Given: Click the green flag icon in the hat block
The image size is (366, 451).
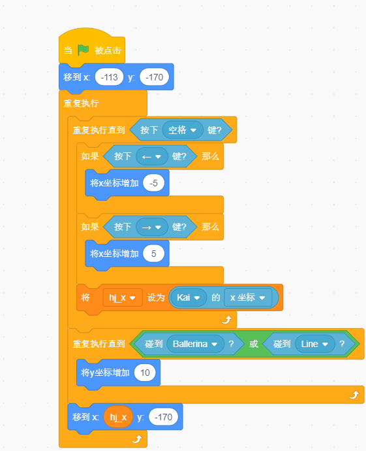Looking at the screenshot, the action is tap(84, 50).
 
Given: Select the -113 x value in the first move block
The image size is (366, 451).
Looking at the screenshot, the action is tap(109, 77).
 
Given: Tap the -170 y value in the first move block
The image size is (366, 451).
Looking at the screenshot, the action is tap(154, 77).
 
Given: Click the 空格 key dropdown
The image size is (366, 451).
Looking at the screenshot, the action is tap(183, 130).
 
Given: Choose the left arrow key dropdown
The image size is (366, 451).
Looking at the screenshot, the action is tap(152, 156).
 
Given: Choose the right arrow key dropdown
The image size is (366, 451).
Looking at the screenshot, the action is tap(152, 227).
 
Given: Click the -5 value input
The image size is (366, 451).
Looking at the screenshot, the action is tap(153, 183).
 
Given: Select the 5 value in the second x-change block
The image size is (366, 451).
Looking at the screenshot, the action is tap(153, 254).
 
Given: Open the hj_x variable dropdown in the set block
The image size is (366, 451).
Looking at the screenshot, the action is tap(123, 297).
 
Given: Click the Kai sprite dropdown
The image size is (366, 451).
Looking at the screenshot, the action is tap(189, 297).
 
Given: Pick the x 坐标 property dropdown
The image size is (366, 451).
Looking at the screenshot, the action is tap(248, 297).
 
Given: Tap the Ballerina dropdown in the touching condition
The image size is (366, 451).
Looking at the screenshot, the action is tap(195, 344).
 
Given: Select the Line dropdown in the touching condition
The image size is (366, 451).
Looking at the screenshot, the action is tap(314, 344).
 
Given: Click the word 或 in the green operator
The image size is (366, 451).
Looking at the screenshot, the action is tap(254, 344).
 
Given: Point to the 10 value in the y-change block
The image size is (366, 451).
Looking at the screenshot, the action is tap(145, 373).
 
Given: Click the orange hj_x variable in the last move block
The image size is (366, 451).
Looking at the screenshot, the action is tap(118, 417).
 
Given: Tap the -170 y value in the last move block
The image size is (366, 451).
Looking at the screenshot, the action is tap(163, 417).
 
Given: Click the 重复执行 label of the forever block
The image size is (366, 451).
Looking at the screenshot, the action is tap(82, 103).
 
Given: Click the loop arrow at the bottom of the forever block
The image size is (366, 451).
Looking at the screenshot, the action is tap(137, 439).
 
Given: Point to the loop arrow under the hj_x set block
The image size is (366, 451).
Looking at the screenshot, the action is tap(227, 320).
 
